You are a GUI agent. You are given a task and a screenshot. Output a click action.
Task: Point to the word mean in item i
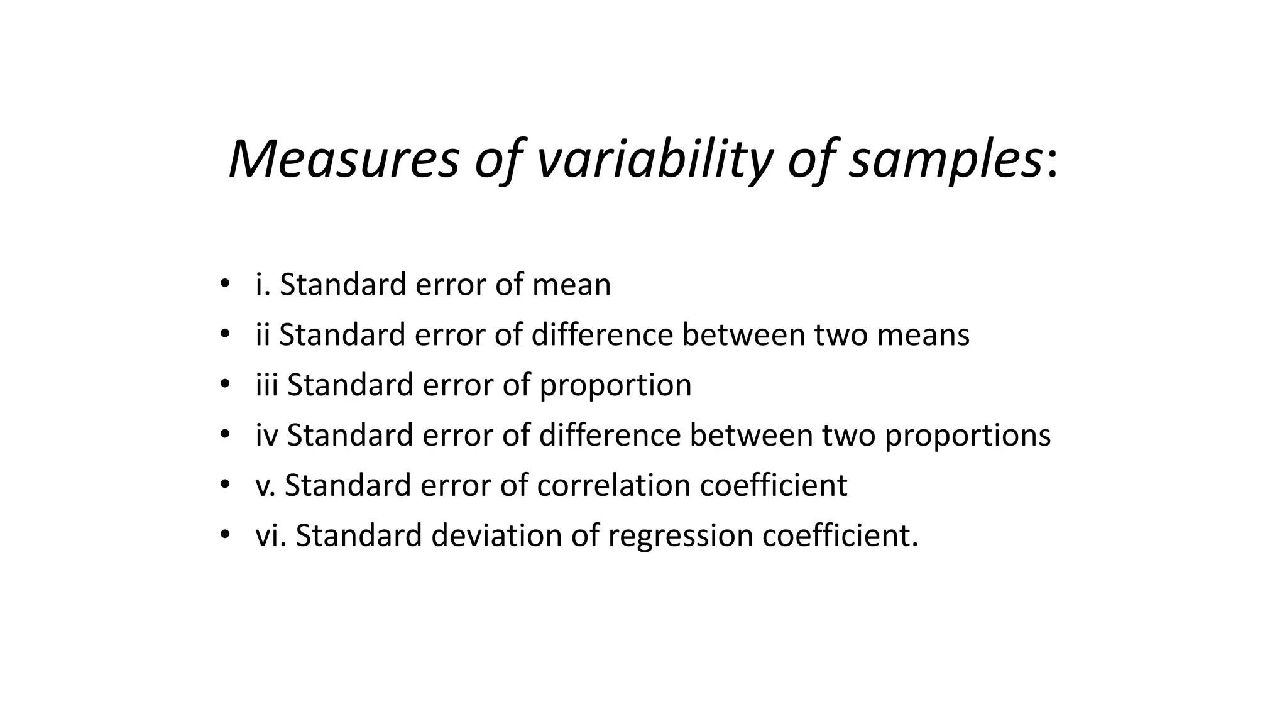pyautogui.click(x=571, y=285)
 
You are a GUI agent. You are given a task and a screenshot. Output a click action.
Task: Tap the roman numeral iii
pyautogui.click(x=266, y=385)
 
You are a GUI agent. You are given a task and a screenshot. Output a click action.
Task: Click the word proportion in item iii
pyautogui.click(x=615, y=385)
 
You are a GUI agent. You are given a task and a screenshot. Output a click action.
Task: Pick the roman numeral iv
pyautogui.click(x=266, y=435)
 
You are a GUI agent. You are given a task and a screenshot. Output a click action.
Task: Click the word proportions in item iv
pyautogui.click(x=968, y=436)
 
